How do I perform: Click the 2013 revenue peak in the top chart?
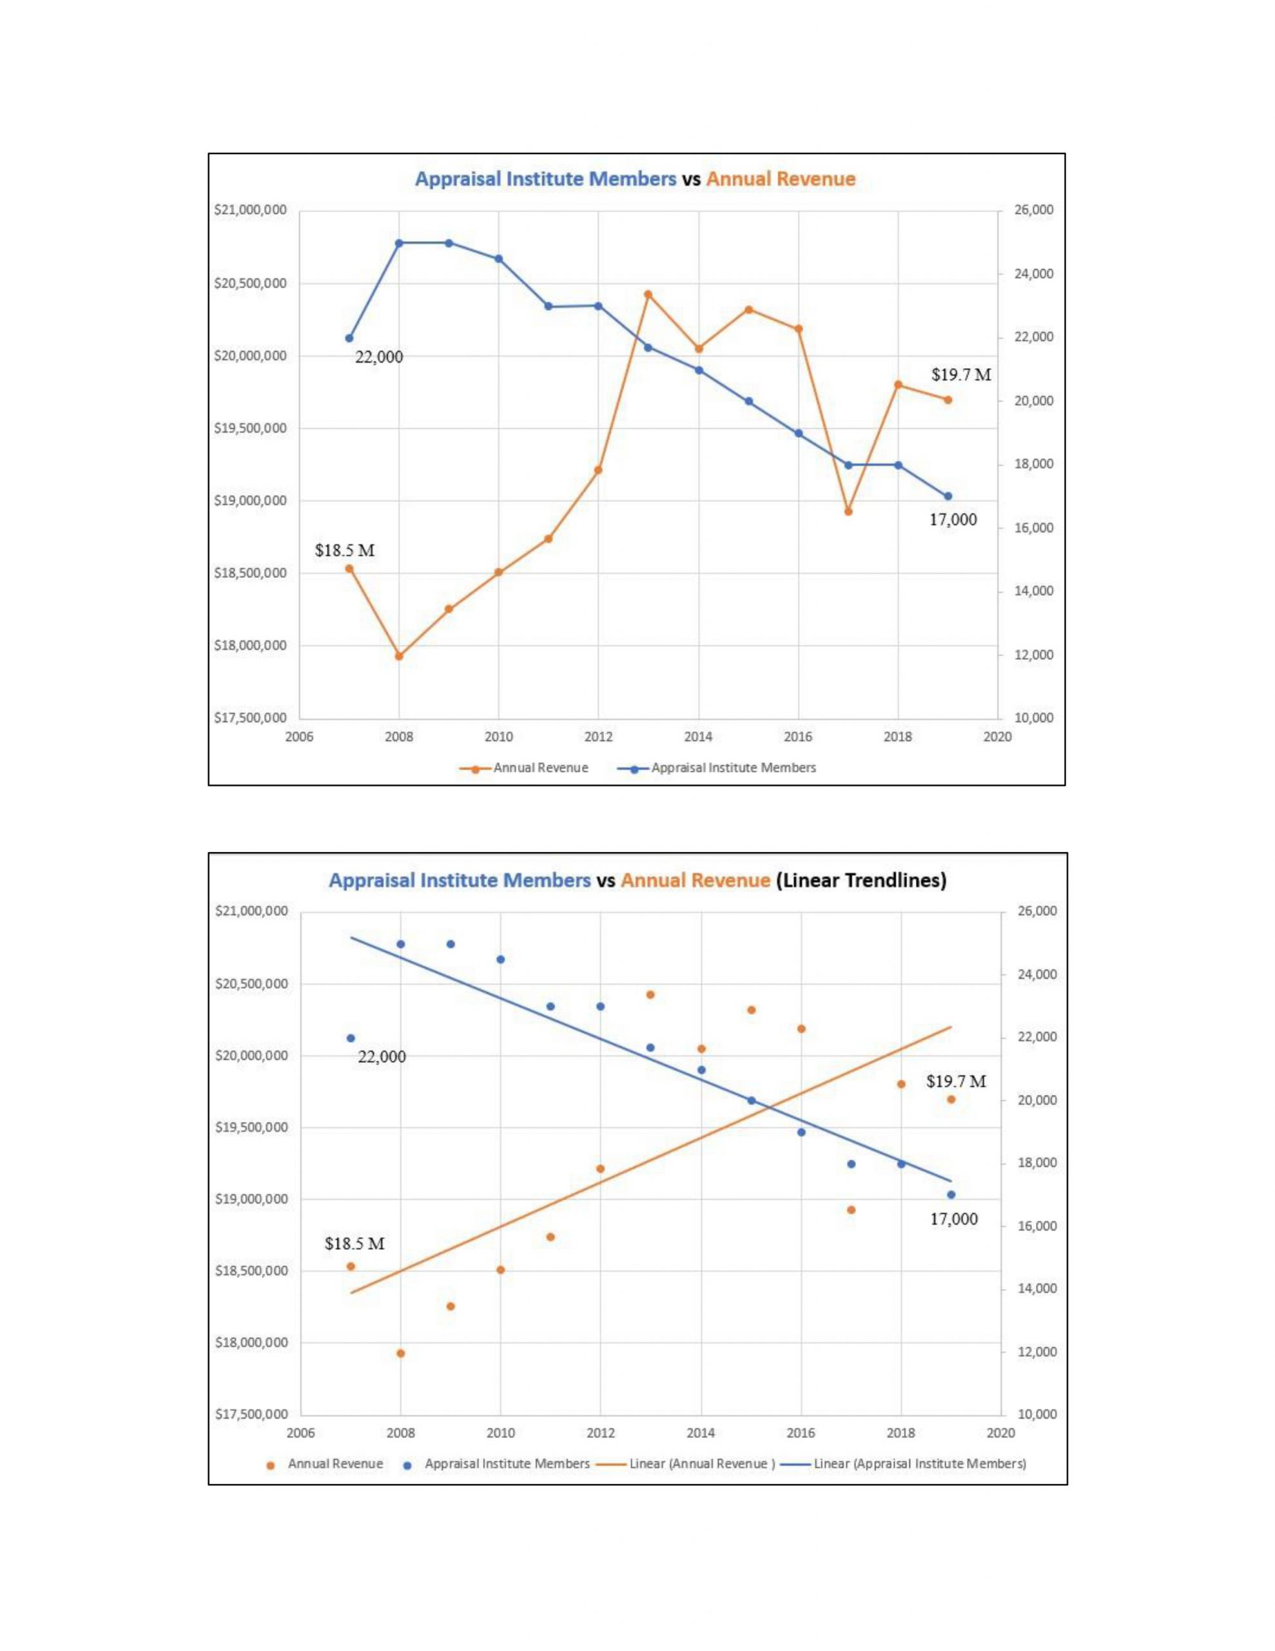tap(648, 294)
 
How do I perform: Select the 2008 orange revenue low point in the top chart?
tap(399, 656)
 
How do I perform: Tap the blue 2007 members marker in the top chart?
tap(349, 338)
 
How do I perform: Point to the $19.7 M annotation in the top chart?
tap(960, 375)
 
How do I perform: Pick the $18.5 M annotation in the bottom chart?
tap(355, 1243)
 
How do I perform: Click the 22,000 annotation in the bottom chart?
tap(381, 1057)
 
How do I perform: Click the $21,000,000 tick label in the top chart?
tap(250, 210)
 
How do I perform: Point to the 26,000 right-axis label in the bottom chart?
tap(1037, 911)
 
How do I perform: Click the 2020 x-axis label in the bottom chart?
tap(1000, 1433)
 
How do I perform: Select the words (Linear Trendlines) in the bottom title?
tap(861, 881)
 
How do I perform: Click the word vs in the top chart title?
tap(691, 179)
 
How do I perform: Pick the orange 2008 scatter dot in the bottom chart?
tap(400, 1353)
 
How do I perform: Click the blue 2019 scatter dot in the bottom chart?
tap(951, 1195)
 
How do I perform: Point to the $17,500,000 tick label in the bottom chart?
tap(251, 1414)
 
